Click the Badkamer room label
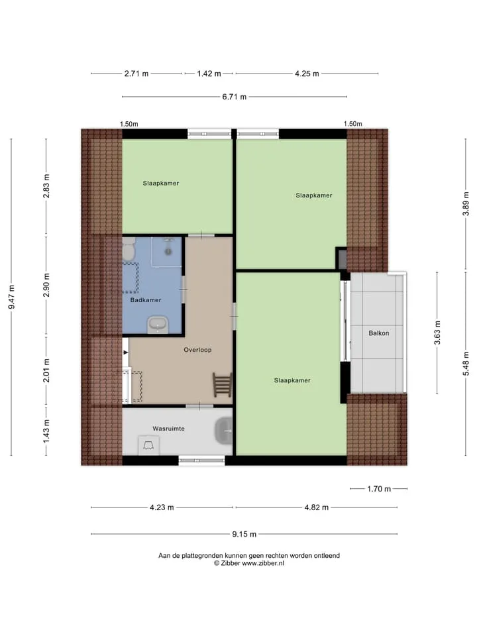[x=146, y=300]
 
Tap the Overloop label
[x=197, y=350]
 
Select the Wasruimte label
[x=168, y=429]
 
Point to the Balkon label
[x=379, y=333]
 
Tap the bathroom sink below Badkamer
[x=158, y=325]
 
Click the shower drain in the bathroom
[x=168, y=252]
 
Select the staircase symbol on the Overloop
[x=223, y=385]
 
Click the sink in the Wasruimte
[x=223, y=431]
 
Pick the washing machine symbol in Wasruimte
[x=148, y=445]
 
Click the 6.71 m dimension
[x=234, y=97]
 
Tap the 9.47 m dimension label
[x=12, y=297]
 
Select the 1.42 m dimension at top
[x=209, y=74]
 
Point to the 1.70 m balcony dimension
[x=379, y=489]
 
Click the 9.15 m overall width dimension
[x=244, y=534]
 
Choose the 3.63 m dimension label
[x=437, y=333]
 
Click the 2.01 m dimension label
[x=46, y=370]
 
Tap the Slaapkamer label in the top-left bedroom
[x=160, y=184]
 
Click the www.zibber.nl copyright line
[x=249, y=563]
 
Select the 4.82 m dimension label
[x=317, y=507]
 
